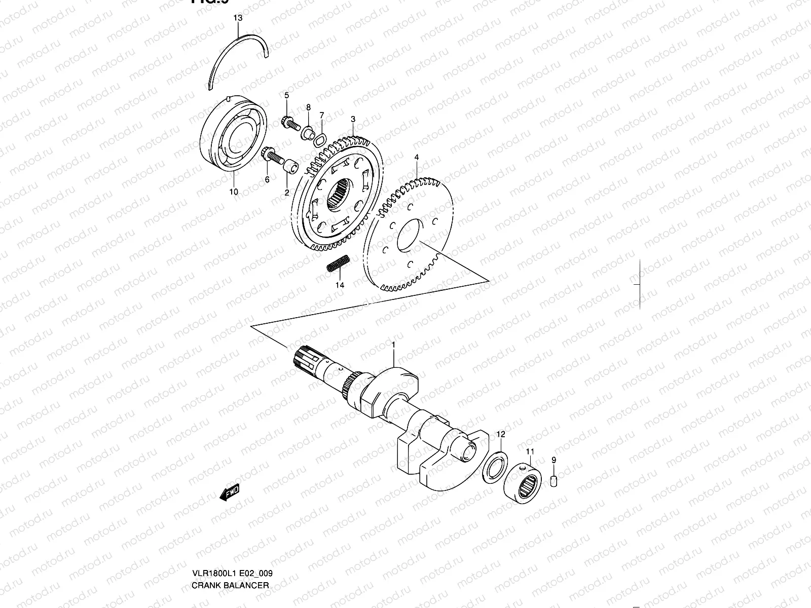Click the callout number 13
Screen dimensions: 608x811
238,18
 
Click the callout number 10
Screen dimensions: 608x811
233,192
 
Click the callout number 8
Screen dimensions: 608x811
308,107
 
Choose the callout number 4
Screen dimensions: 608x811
416,158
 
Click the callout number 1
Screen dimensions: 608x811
393,345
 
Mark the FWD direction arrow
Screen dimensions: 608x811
229,493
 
